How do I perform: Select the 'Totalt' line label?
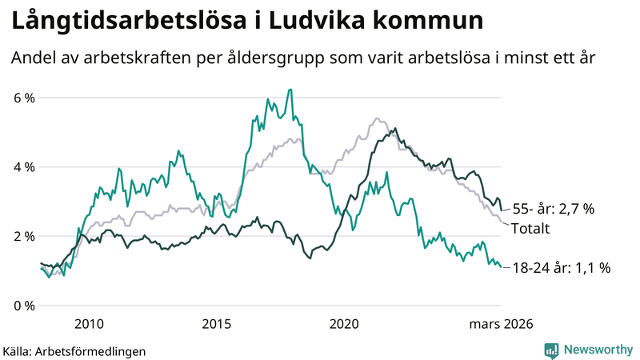click(533, 229)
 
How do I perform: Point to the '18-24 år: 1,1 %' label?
click(562, 269)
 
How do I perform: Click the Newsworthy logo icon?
click(551, 350)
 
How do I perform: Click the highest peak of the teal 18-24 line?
click(290, 90)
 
